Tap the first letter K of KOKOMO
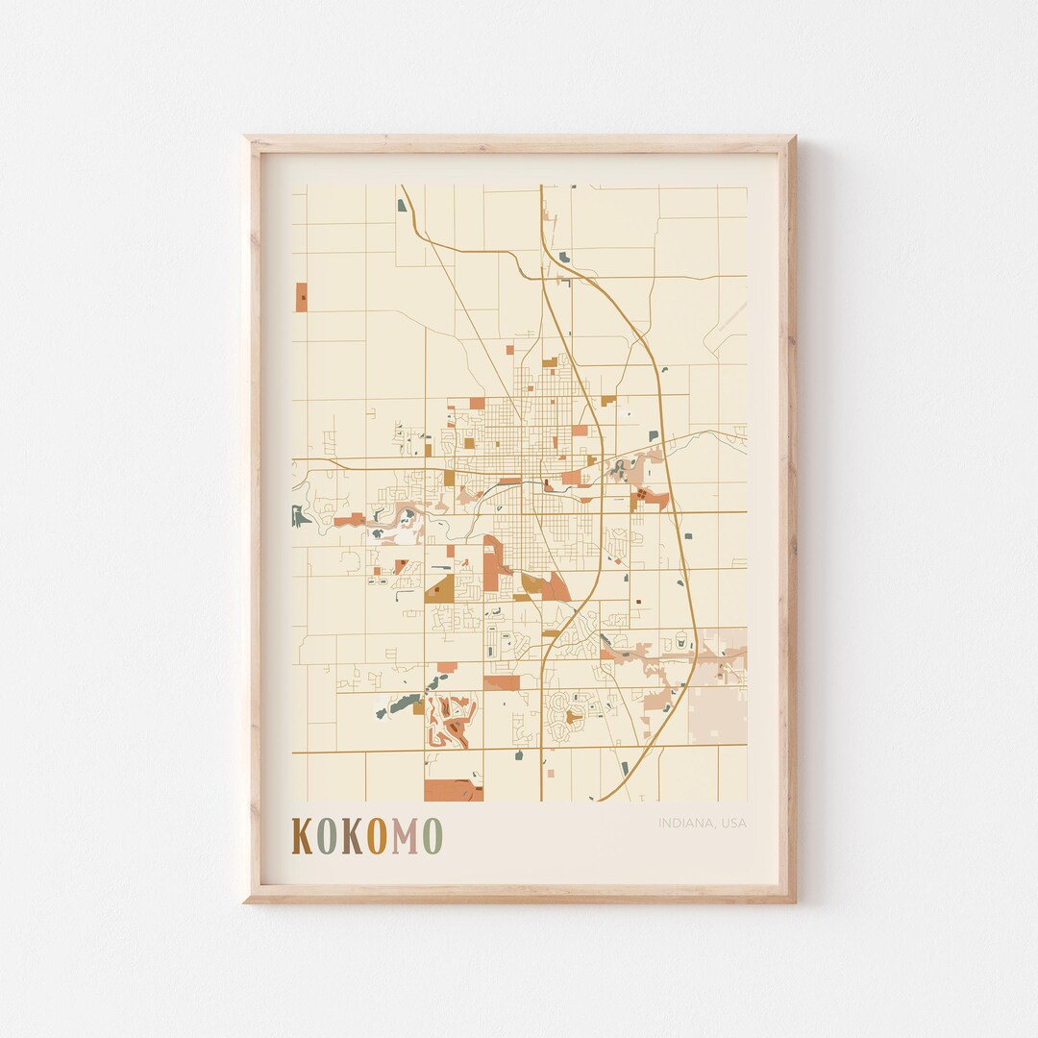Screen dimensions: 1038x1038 click(302, 836)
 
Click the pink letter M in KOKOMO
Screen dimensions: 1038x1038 click(406, 836)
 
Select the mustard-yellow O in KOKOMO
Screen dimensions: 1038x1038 click(378, 836)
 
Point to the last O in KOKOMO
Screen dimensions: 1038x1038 click(432, 836)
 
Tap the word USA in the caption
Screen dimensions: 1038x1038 click(733, 823)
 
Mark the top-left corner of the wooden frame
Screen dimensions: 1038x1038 click(246, 139)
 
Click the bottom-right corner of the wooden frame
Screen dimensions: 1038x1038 click(793, 900)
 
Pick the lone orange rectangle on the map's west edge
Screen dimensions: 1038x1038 click(302, 297)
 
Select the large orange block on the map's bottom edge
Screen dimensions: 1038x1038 click(452, 791)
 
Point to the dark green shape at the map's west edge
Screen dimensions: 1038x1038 click(301, 517)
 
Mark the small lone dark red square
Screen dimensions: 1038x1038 click(637, 603)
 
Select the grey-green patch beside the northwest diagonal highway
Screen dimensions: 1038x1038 click(402, 205)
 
